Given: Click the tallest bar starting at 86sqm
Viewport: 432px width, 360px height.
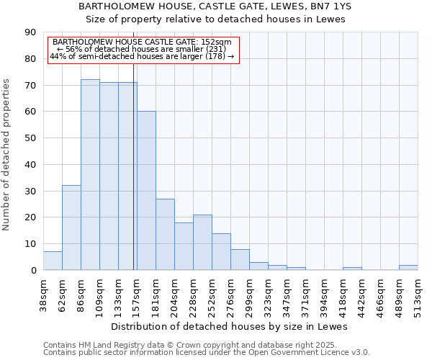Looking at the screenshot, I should point(90,175).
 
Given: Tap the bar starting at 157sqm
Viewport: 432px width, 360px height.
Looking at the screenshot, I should point(146,191).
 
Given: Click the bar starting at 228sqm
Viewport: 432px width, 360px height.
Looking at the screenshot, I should point(202,243).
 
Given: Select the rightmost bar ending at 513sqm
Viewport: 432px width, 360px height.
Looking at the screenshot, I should point(408,268).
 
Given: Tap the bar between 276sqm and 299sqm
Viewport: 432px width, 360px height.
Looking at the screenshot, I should point(240,260).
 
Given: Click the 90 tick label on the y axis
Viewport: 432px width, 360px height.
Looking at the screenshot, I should point(30,32).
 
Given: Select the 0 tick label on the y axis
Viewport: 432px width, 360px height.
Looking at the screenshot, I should point(33,270).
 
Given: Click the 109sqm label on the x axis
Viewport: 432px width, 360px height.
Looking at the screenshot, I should point(99,294).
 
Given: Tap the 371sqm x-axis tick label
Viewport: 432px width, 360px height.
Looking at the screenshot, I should point(305,294).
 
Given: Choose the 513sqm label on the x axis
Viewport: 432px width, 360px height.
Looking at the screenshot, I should point(418,294).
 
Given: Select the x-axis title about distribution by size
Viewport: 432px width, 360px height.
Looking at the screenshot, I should point(230,326).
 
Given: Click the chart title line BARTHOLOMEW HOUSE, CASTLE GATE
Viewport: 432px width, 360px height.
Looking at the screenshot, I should point(215,6).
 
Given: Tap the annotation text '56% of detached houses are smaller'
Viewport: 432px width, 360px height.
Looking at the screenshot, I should point(142,49).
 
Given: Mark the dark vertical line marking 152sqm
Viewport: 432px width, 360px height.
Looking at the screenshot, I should point(134,180).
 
